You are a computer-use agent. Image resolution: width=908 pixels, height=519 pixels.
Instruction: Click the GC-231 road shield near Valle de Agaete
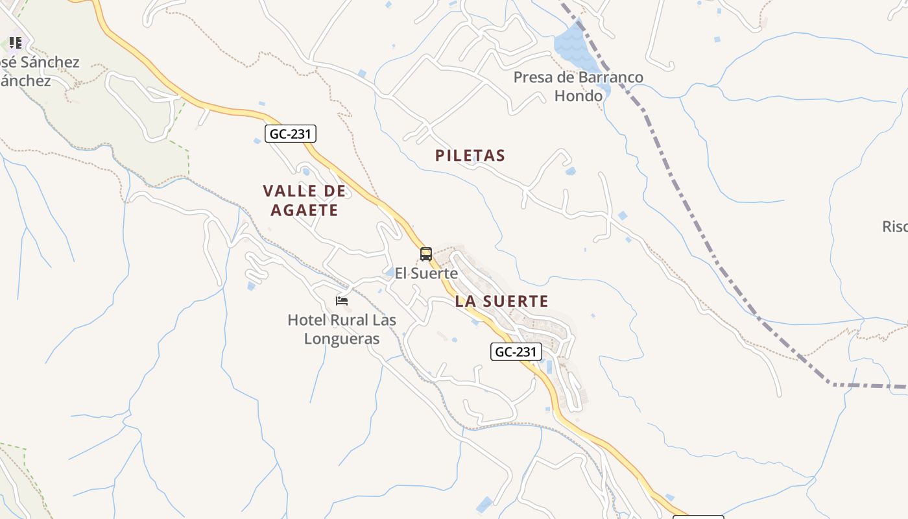pos(291,134)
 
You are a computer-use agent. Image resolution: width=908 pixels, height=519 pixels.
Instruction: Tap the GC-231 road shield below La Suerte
pos(516,352)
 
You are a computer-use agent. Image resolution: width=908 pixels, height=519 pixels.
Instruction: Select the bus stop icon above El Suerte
pos(426,254)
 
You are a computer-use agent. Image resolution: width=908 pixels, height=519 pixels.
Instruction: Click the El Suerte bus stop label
pos(426,274)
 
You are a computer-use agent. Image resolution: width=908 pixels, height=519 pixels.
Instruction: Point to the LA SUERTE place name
pos(501,301)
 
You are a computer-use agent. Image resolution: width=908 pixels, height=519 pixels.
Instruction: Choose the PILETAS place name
pos(470,156)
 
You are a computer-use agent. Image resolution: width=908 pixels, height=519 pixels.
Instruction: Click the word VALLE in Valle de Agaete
pos(291,191)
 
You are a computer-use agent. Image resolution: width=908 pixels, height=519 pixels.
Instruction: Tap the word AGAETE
pos(304,210)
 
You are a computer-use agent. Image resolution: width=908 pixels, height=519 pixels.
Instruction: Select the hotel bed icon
pos(342,300)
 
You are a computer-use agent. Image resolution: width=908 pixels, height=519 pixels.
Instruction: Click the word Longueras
pos(342,339)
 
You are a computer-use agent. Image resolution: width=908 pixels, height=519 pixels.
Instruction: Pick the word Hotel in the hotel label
pos(307,320)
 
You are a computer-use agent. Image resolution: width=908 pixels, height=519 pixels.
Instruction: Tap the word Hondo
pos(579,96)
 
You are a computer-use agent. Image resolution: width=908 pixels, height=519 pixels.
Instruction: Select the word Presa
pos(533,78)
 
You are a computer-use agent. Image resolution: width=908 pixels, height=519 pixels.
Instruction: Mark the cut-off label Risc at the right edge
pos(895,226)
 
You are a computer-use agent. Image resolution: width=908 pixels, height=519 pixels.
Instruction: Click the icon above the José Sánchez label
pos(16,43)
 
